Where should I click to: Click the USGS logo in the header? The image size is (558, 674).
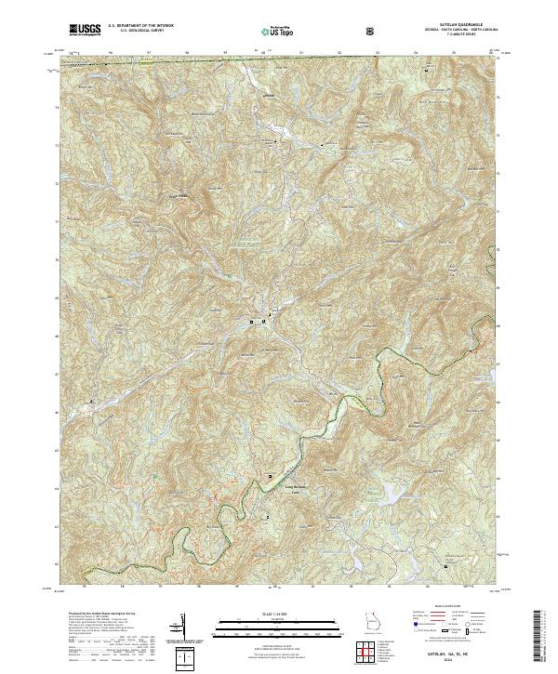[x=85, y=30]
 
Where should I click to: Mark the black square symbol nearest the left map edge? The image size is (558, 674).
[x=91, y=402]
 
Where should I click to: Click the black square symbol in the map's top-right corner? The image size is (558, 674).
[x=427, y=71]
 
